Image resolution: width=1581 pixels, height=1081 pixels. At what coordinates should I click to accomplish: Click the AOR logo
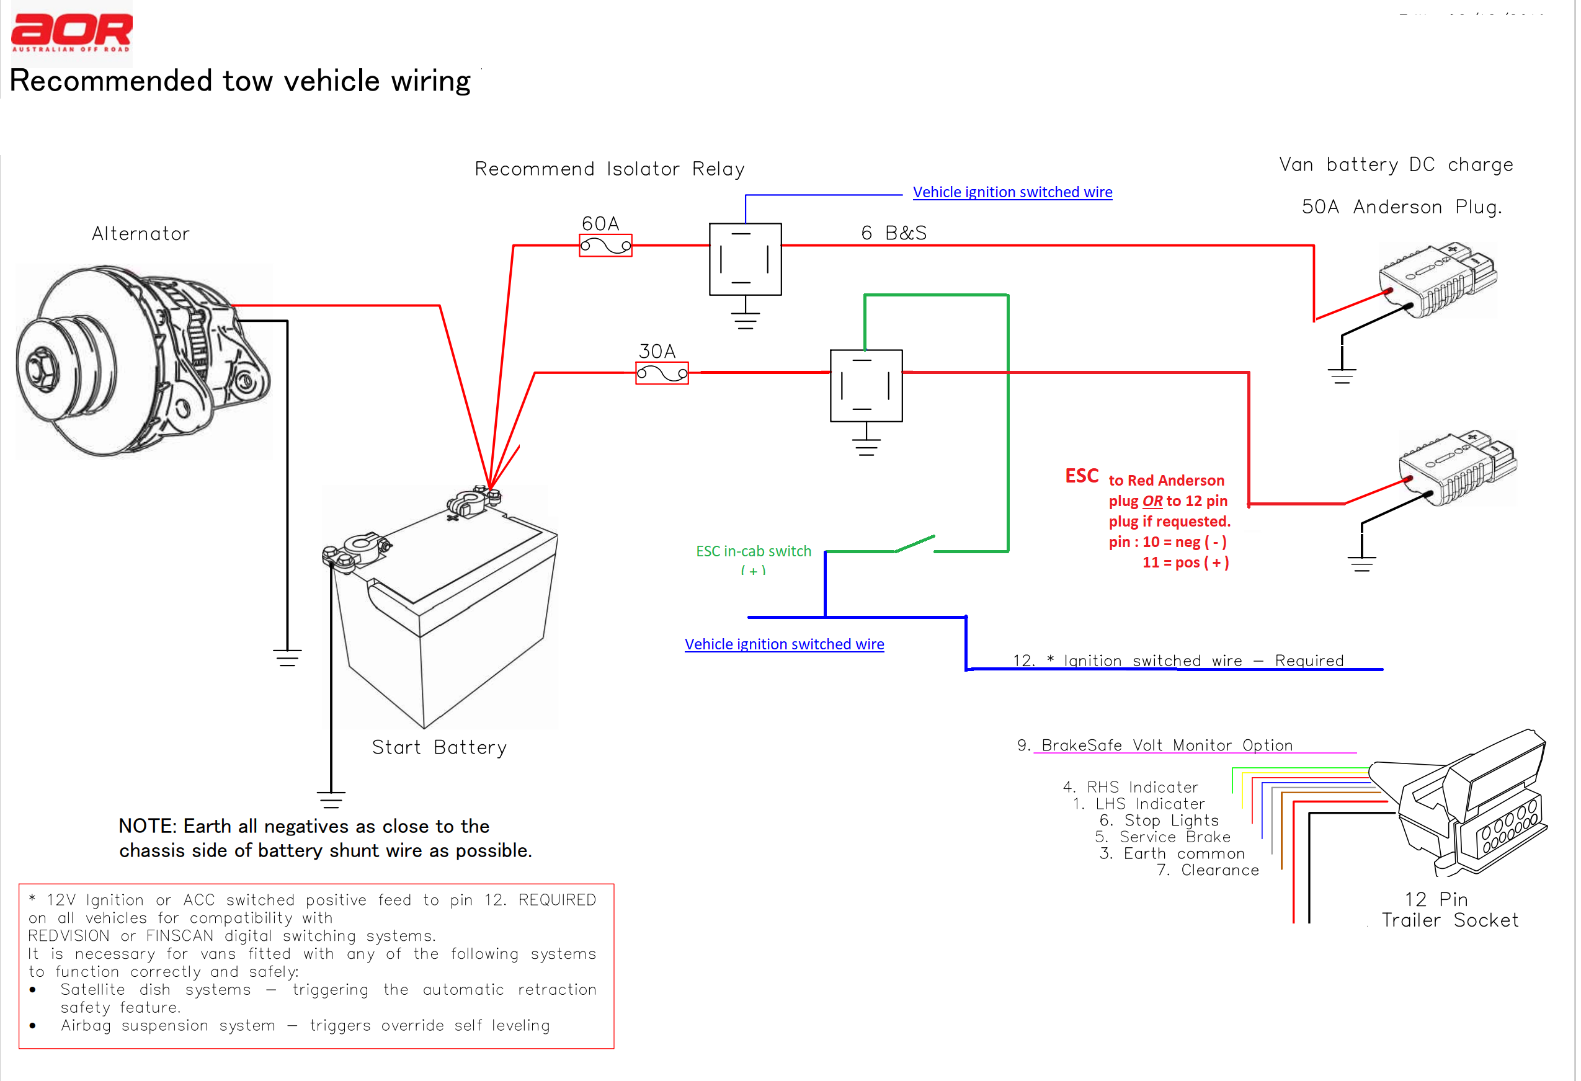[71, 32]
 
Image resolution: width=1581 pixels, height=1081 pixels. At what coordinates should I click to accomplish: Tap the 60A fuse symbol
[605, 246]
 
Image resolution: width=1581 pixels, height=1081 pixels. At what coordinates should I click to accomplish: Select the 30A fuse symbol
[662, 373]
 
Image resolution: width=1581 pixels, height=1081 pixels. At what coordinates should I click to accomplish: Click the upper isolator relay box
[745, 259]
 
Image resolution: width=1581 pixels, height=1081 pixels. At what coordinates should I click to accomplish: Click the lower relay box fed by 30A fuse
[866, 386]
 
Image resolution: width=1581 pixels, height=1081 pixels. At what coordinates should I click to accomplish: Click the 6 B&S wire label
[893, 233]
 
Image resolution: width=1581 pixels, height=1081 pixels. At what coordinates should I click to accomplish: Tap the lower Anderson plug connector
[1456, 469]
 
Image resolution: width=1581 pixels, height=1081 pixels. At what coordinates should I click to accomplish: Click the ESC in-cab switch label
[753, 551]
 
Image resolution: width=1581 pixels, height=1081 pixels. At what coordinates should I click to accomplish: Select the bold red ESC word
[1082, 476]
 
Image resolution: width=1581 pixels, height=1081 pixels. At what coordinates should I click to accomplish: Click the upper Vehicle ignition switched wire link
[1012, 192]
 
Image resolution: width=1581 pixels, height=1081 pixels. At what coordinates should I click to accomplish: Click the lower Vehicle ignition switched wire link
[784, 644]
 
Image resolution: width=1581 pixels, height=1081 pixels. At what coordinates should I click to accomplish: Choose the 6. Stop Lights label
[1159, 821]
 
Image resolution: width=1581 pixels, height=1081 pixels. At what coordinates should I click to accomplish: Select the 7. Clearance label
[1208, 870]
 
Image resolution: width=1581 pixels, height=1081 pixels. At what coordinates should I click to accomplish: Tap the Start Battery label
[439, 748]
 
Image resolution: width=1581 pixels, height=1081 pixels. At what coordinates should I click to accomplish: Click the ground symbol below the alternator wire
[287, 657]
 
